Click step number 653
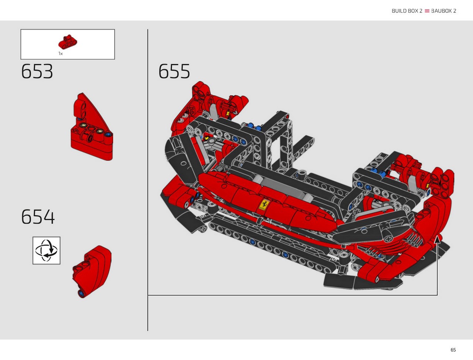point(37,71)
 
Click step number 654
point(38,217)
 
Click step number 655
point(174,71)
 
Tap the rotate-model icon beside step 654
point(46,250)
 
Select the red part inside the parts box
point(68,41)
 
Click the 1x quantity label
point(61,54)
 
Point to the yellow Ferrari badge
point(263,205)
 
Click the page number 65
point(453,350)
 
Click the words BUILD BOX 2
point(407,11)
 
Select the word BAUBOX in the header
point(441,11)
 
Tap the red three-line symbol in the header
point(427,11)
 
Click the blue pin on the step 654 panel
point(81,293)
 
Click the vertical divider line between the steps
point(147,180)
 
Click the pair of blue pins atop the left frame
point(254,127)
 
